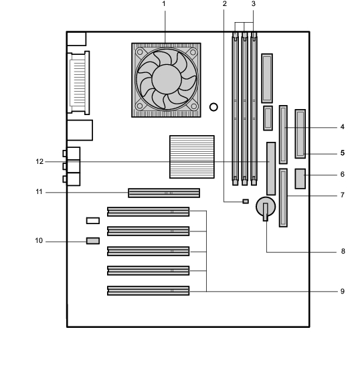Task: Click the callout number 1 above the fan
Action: [164, 4]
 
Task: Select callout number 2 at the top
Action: [224, 4]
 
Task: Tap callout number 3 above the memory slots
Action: [254, 4]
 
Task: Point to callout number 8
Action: [343, 251]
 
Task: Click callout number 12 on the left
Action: [39, 162]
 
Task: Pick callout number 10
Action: [39, 241]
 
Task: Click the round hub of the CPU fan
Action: [167, 79]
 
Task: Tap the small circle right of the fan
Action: [213, 107]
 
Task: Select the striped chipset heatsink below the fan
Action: [192, 157]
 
